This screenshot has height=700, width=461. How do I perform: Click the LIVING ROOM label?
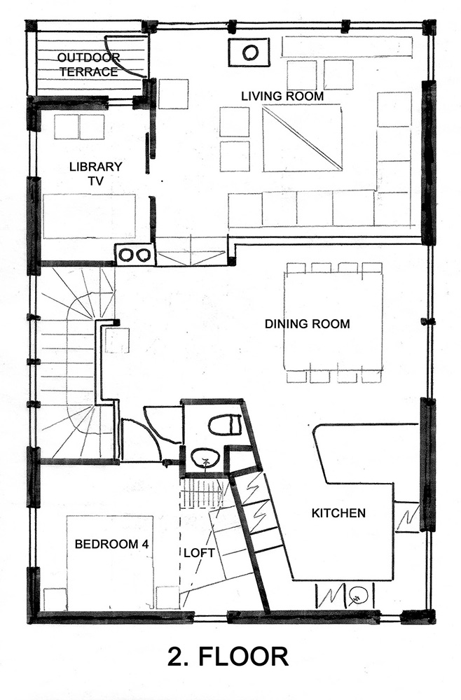click(x=282, y=96)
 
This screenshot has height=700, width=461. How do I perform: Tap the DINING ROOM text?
click(x=307, y=323)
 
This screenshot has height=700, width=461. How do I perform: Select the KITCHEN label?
click(x=338, y=513)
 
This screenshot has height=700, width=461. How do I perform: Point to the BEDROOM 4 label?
click(x=111, y=544)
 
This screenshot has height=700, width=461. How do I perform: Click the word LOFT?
click(x=199, y=553)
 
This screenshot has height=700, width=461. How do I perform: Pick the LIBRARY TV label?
click(x=95, y=173)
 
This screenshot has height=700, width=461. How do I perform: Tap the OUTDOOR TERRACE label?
click(x=88, y=64)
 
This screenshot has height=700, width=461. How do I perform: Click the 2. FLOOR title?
click(x=228, y=657)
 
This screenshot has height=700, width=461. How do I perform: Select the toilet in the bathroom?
click(x=225, y=425)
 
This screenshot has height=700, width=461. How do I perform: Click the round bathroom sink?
click(x=205, y=457)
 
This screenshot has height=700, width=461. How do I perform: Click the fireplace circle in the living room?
click(x=249, y=52)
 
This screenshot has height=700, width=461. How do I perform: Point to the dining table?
click(x=333, y=321)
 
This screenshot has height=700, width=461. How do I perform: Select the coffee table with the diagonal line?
click(x=303, y=139)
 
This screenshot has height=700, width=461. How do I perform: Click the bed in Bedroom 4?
click(x=110, y=563)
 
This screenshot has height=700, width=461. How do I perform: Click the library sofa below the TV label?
click(x=90, y=216)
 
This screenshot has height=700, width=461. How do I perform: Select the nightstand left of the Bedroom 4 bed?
click(x=55, y=599)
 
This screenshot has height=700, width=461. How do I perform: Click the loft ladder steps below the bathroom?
click(x=202, y=493)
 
